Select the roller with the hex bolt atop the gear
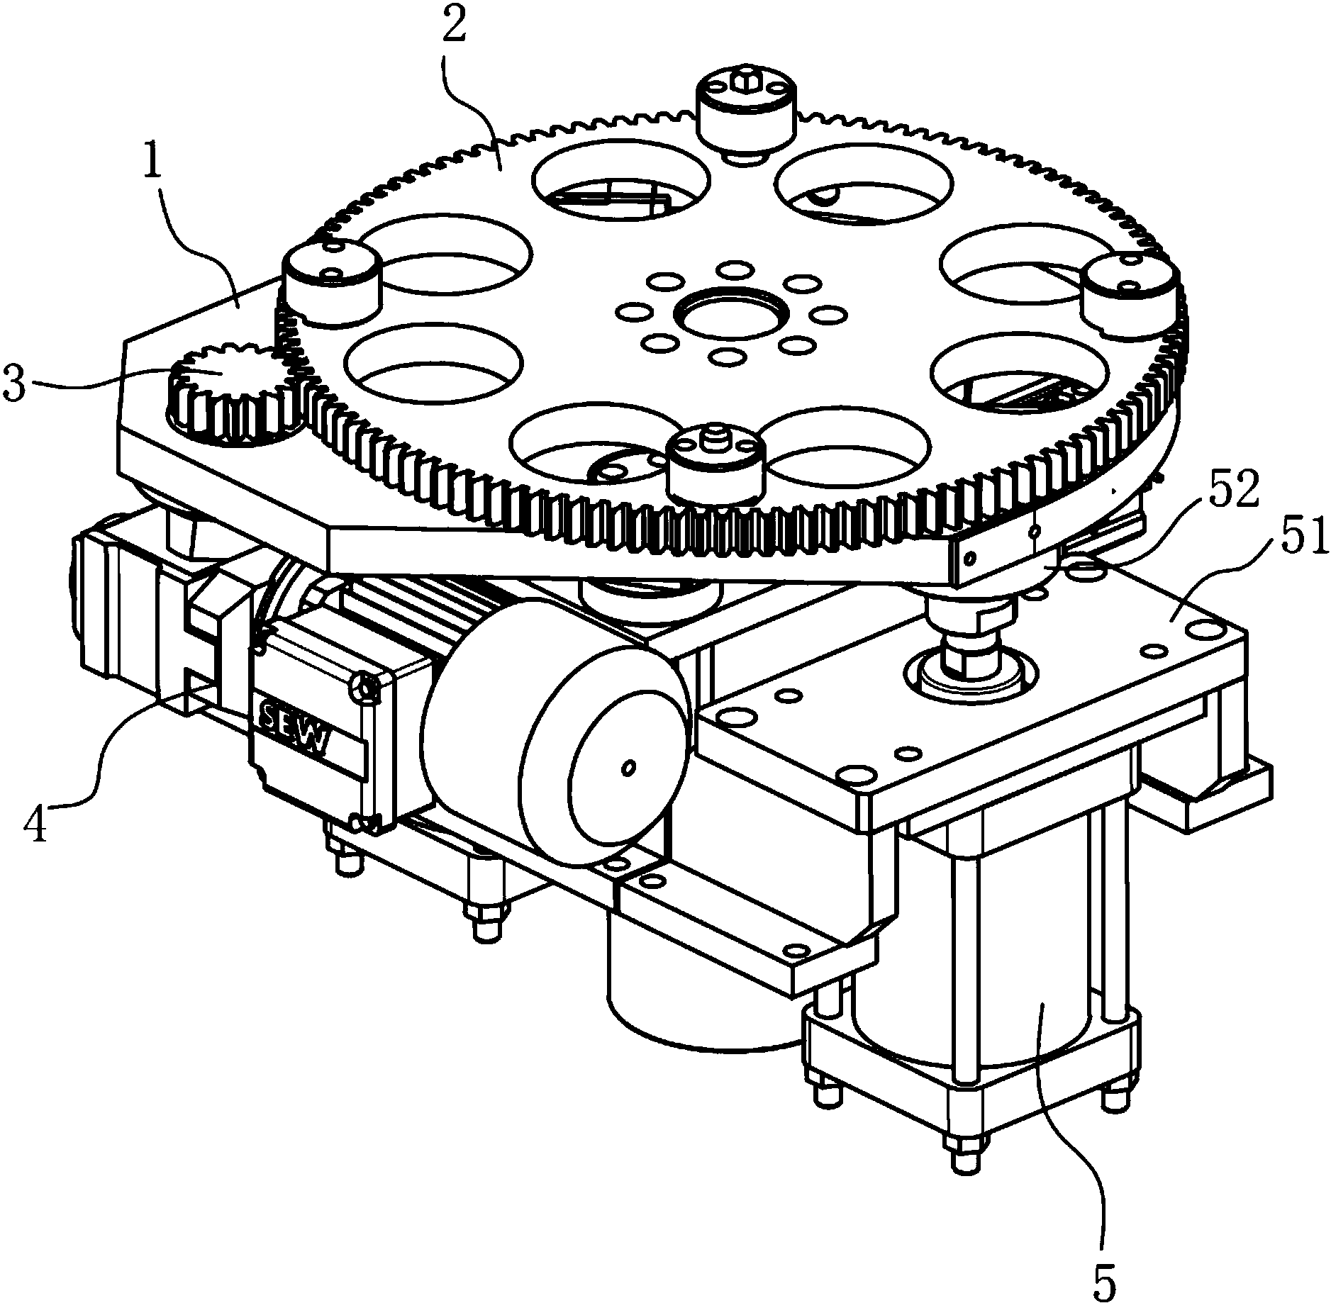click(745, 113)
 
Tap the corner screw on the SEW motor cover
click(366, 687)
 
